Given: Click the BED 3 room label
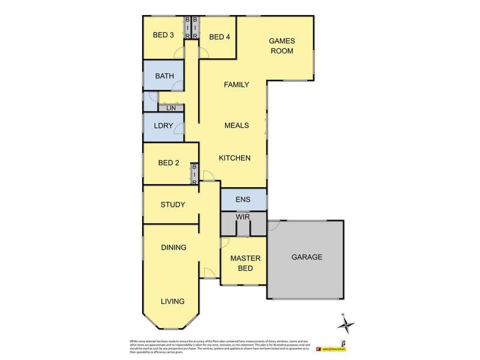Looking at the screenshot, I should point(163,35).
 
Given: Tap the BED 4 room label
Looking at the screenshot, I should point(219,37).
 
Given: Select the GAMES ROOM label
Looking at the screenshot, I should point(281,46).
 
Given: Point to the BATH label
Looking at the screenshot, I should point(164,76).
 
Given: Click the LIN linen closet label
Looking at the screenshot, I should point(170,108).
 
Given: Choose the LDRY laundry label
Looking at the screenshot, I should point(163,125).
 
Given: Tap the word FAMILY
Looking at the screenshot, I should point(236,85).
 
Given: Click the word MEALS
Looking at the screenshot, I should point(236,125).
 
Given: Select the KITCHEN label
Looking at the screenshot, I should point(234,158).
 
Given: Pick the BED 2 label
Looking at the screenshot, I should point(169,163).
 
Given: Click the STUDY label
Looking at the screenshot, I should point(172,205).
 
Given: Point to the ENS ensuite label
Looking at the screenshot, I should point(243,200).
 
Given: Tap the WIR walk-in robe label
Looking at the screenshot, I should point(243,215).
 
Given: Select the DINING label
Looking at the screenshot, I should point(173,247).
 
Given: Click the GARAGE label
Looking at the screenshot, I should point(307,257).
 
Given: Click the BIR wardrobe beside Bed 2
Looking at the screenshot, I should point(194,174).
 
